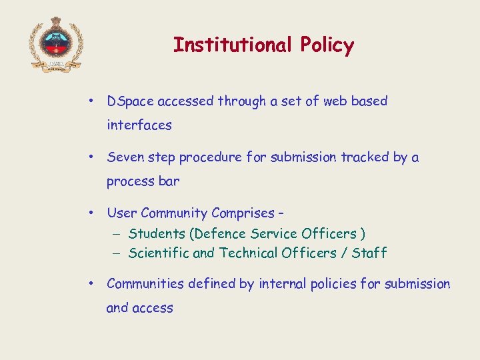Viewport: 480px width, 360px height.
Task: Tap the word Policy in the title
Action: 327,45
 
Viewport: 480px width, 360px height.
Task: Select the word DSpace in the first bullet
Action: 130,101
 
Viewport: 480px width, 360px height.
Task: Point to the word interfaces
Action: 139,125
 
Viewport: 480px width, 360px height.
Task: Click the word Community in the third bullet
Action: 175,213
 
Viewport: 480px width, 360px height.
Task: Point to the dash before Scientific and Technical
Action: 115,253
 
